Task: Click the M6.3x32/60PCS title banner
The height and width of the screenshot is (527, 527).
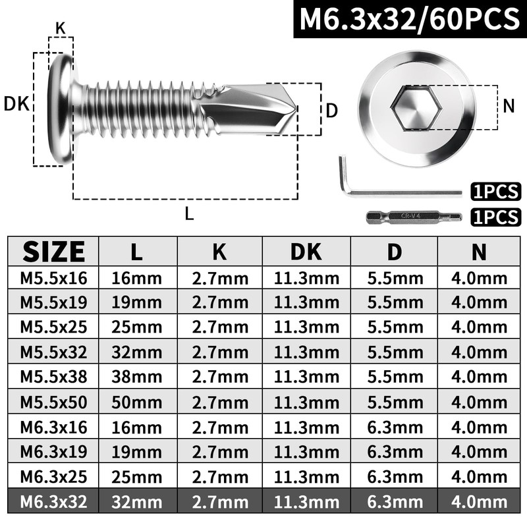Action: click(x=408, y=19)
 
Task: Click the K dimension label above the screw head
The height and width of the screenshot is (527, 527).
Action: click(x=61, y=28)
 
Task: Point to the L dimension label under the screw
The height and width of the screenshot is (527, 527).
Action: click(x=190, y=213)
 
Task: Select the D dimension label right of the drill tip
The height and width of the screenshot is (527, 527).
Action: click(x=332, y=110)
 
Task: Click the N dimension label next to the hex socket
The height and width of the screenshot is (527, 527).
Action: click(x=508, y=105)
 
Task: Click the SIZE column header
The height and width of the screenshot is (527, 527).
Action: click(x=53, y=251)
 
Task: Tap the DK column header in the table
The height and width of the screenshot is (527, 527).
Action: click(x=306, y=251)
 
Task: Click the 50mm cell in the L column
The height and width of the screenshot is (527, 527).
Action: click(x=138, y=402)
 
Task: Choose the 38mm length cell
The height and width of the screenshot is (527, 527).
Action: click(x=138, y=377)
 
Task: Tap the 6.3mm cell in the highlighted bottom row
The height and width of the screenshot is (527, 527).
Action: click(x=393, y=503)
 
